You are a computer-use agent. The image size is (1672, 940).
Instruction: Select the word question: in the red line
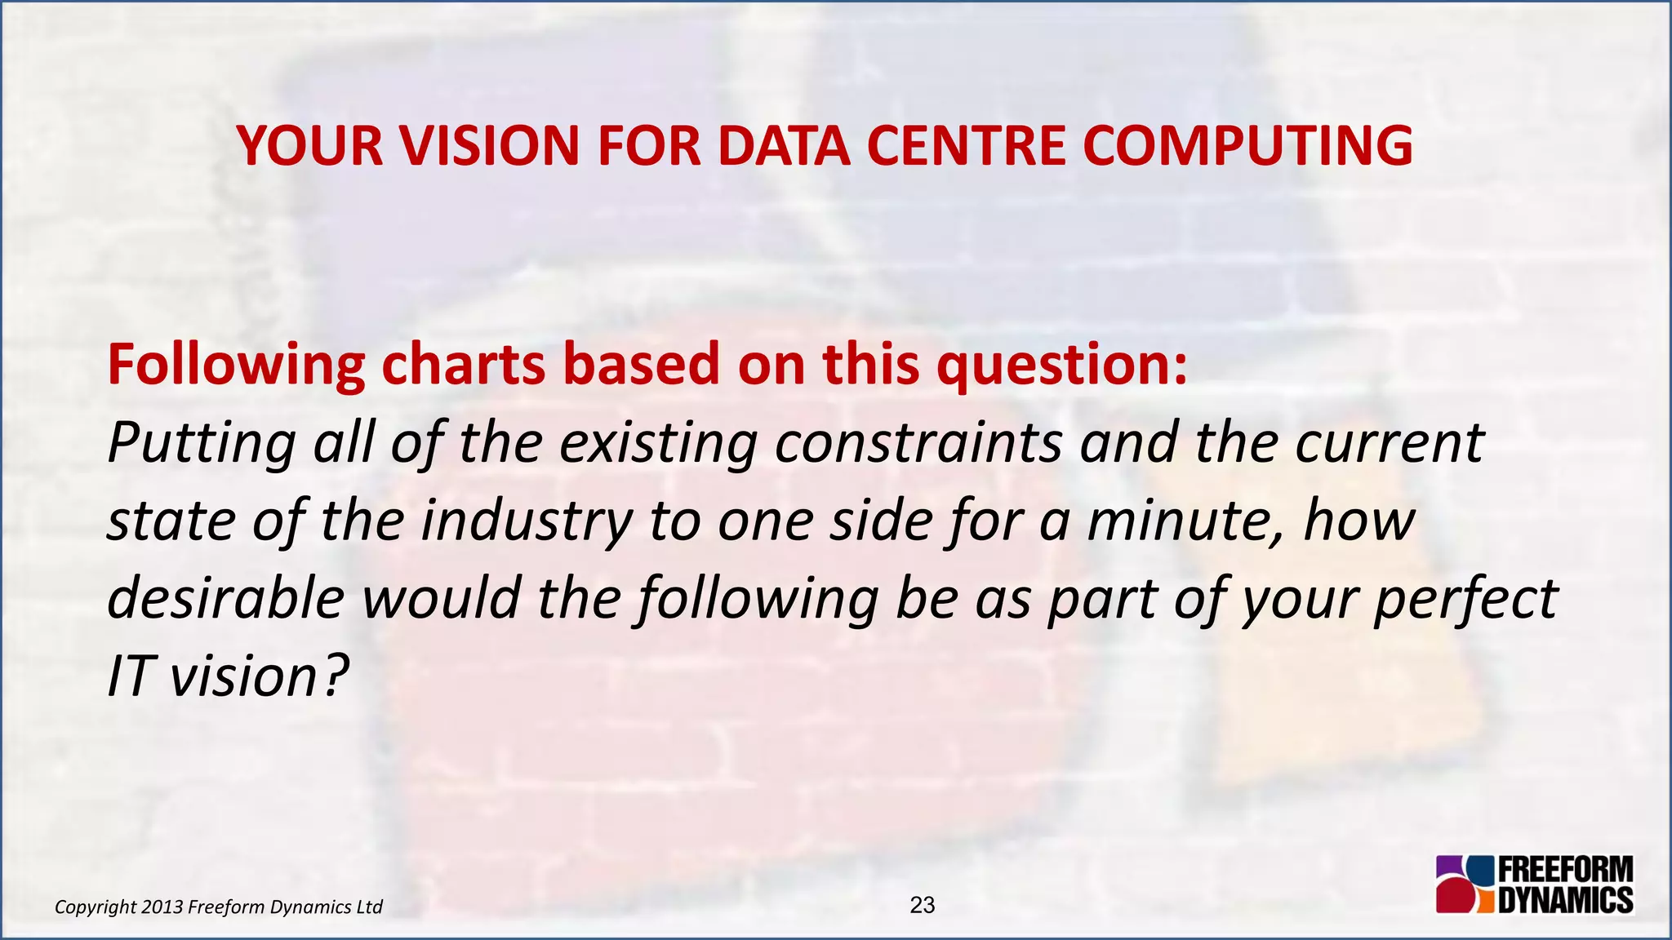(x=1062, y=365)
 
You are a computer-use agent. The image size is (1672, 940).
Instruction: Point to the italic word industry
(x=527, y=521)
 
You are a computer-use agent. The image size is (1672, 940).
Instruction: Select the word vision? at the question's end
(x=260, y=676)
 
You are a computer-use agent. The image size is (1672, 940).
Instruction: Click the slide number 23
(x=922, y=905)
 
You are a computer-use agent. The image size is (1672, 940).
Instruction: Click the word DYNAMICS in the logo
(x=1566, y=900)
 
